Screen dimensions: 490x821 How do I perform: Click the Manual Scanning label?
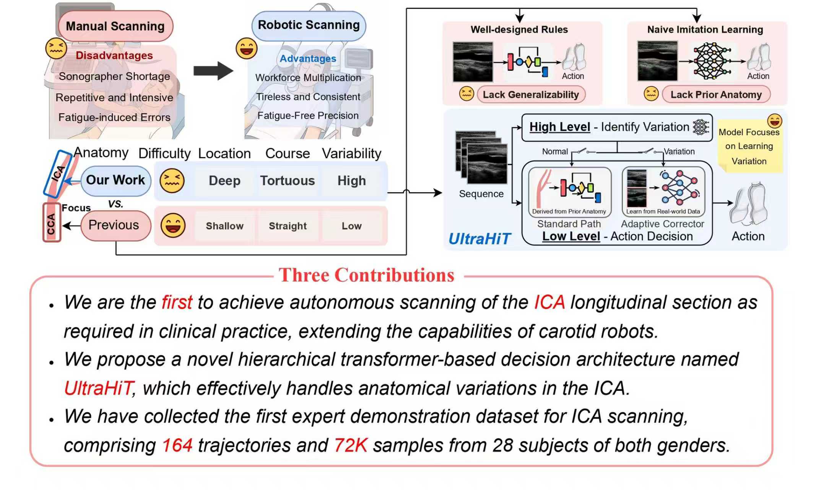tap(115, 26)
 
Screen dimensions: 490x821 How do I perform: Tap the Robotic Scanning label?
tap(309, 25)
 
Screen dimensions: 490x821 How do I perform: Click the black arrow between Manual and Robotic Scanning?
tap(213, 71)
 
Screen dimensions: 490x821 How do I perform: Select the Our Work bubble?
tap(115, 180)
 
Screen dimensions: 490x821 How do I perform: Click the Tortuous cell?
tap(287, 181)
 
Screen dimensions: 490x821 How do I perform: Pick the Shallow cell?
tap(224, 226)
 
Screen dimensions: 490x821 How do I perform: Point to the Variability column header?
tap(351, 154)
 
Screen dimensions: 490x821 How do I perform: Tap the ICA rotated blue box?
tap(58, 173)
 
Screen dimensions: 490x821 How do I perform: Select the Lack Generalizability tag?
tap(531, 95)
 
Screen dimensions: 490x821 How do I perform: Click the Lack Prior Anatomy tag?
tap(716, 95)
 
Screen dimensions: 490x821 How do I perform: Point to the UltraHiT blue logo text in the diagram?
tap(479, 239)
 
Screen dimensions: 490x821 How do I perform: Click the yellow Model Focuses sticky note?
tap(749, 147)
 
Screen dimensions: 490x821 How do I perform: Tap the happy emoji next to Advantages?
tap(246, 48)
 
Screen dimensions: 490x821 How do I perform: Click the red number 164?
tap(177, 445)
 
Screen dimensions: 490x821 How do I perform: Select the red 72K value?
tap(351, 445)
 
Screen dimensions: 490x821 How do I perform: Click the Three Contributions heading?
tap(366, 275)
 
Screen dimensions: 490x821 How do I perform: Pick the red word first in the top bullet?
tap(177, 302)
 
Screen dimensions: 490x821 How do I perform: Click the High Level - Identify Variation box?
tap(616, 127)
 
